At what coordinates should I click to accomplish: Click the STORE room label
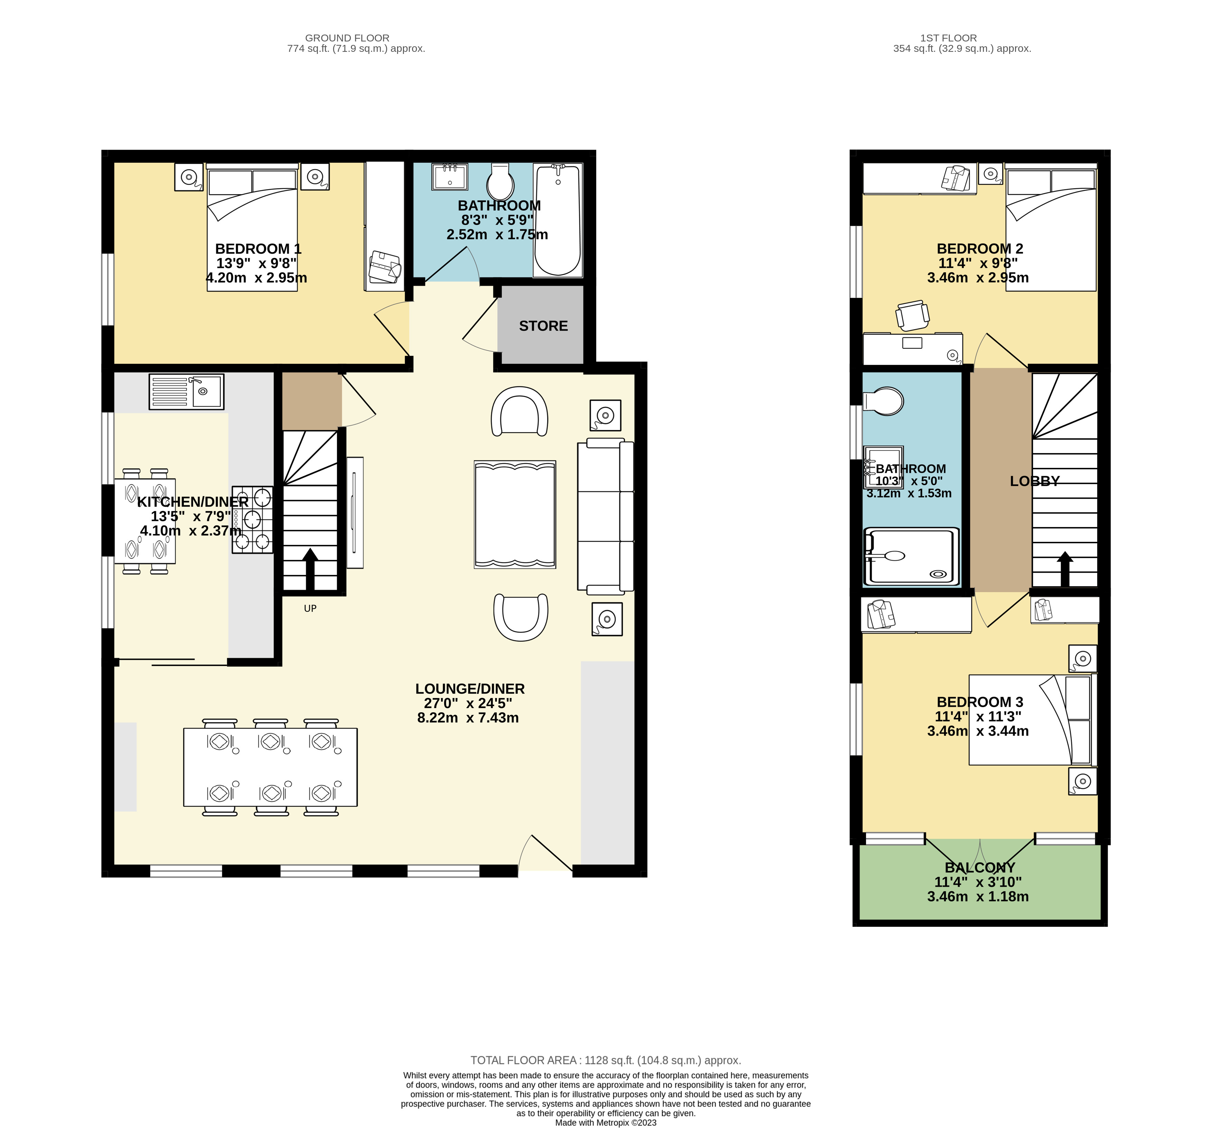543,326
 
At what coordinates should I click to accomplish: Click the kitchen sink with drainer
187,392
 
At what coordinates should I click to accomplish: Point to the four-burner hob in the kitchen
252,519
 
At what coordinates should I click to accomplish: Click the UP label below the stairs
310,609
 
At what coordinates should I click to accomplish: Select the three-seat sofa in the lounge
605,516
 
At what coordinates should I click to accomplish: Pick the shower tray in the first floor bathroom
911,556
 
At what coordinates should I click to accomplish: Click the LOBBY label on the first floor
1035,481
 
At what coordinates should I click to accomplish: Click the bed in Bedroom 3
1033,720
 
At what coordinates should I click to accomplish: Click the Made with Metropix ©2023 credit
605,1122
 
